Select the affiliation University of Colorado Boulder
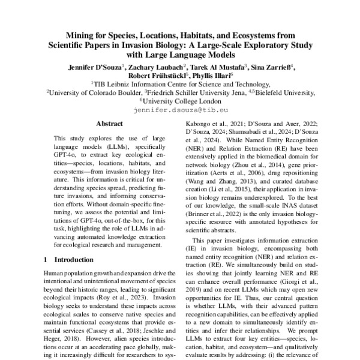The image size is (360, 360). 91,94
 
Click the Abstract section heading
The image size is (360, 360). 109,124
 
